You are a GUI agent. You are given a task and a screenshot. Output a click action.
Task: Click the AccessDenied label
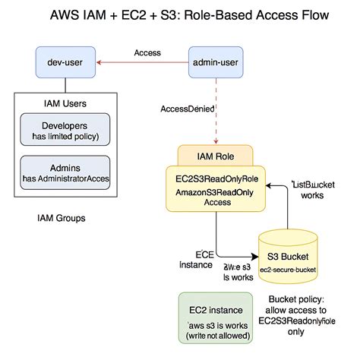point(187,109)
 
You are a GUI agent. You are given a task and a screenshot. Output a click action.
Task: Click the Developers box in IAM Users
point(65,128)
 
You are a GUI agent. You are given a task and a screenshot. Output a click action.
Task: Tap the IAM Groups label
point(62,218)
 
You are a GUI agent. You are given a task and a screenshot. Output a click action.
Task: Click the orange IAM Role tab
point(218,156)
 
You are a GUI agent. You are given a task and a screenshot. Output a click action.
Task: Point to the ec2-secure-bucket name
point(287,270)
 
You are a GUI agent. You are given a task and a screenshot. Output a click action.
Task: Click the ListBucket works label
point(314,190)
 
